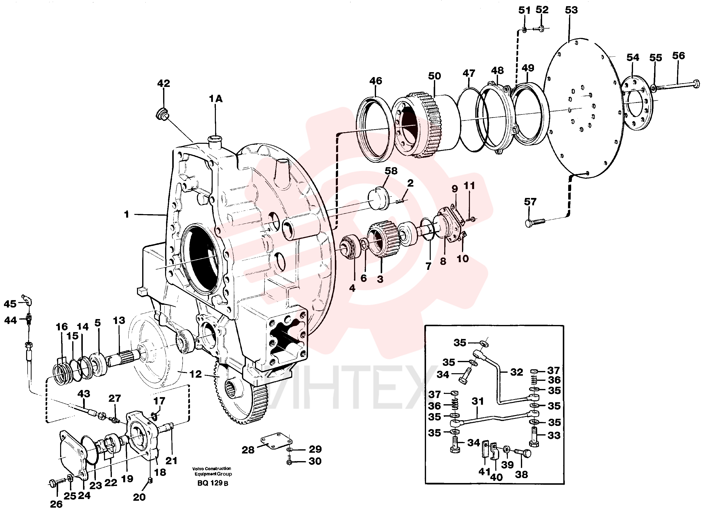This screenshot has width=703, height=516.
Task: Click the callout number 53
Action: click(x=571, y=10)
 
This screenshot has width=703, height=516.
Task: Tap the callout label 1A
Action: click(x=216, y=99)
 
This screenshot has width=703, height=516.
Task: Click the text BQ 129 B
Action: click(x=213, y=483)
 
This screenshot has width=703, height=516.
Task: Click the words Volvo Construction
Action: click(x=212, y=468)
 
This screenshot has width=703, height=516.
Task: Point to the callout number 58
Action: click(x=391, y=171)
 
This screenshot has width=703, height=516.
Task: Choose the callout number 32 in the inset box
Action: click(x=517, y=372)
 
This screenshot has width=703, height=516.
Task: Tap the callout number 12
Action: click(x=196, y=374)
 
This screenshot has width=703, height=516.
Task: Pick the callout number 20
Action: click(x=139, y=497)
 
